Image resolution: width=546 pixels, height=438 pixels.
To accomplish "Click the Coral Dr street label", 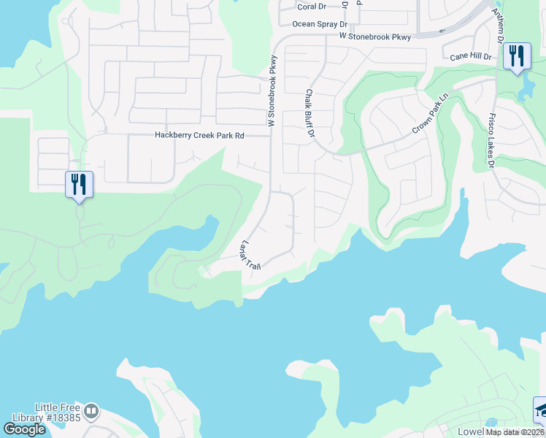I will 312,7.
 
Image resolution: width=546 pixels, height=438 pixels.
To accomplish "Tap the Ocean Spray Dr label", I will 314,24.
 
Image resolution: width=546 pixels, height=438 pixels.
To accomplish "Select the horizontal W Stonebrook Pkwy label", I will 375,36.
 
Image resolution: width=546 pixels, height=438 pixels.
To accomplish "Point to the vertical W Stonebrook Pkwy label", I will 273,91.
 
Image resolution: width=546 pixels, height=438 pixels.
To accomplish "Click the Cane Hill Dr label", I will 471,56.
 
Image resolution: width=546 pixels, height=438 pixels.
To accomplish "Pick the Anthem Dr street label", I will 498,22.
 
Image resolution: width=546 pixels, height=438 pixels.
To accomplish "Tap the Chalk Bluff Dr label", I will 309,115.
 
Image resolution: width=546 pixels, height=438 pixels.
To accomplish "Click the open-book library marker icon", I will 91,412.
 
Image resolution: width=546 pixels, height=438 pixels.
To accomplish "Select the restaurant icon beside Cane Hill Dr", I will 517,55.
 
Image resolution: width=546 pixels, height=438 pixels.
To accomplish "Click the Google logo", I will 24,429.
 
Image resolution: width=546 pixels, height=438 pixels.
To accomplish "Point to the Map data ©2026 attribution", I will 515,432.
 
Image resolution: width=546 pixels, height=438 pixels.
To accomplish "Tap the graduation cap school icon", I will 541,411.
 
